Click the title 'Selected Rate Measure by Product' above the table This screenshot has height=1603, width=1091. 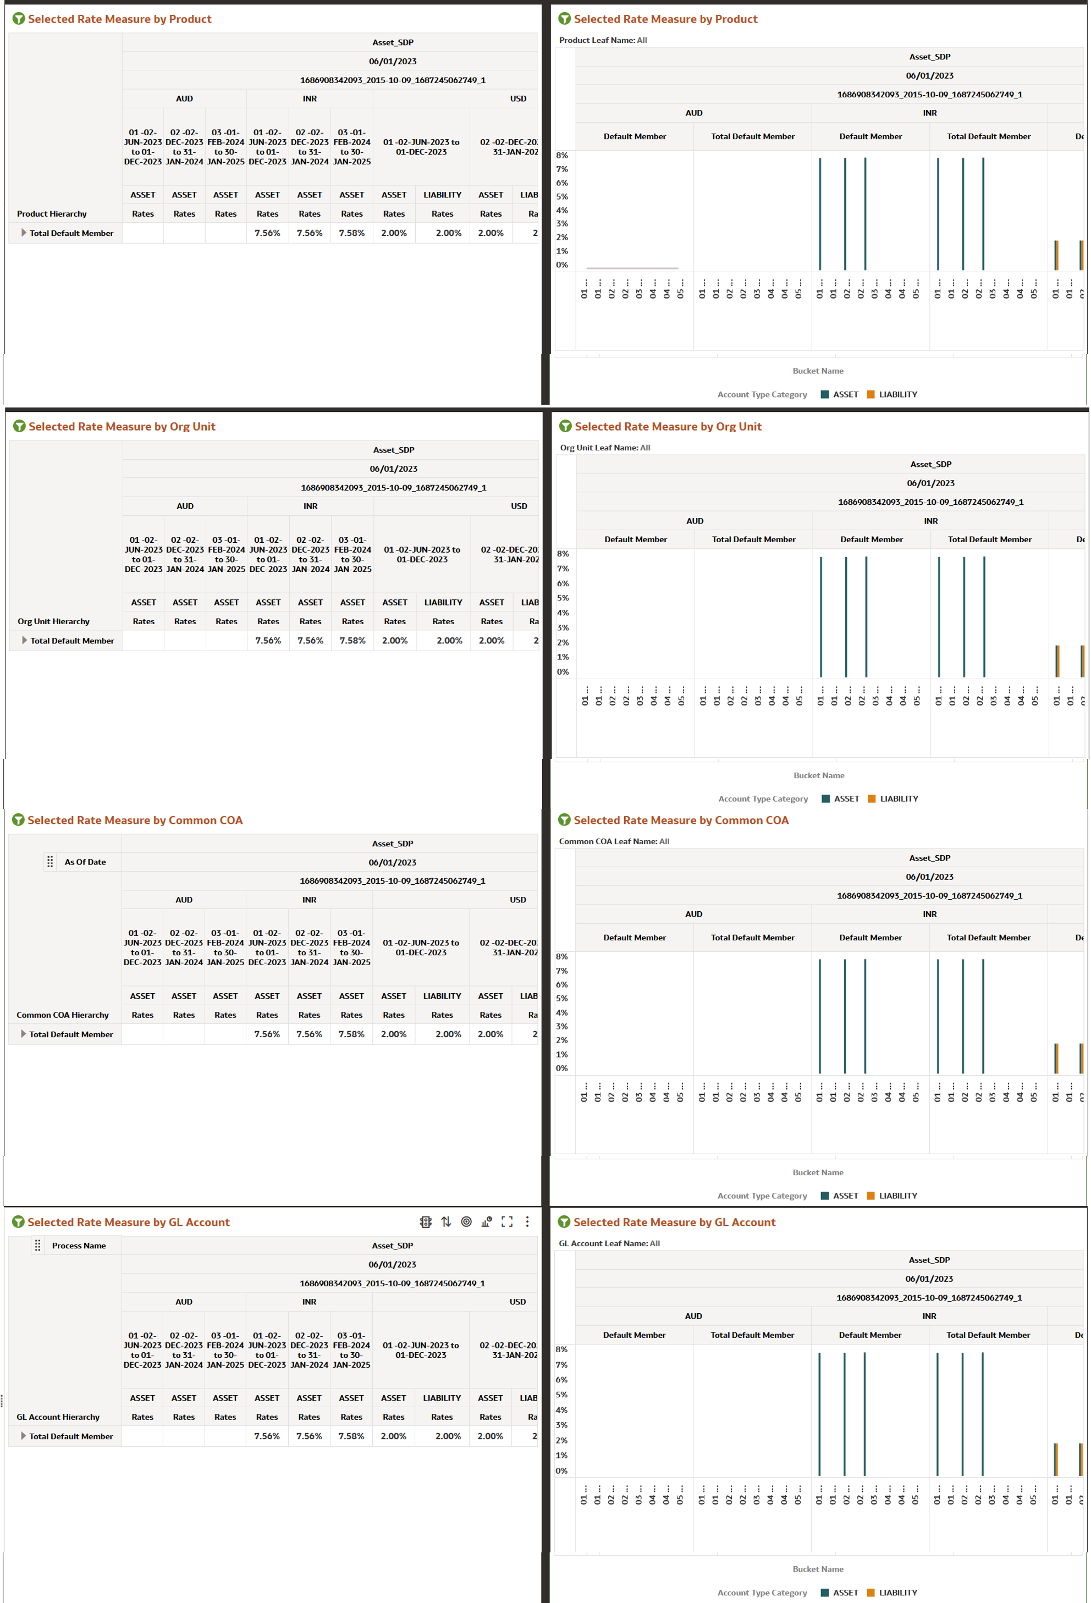[119, 19]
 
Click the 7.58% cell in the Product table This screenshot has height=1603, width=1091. [352, 233]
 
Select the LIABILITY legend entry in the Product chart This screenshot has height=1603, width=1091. [897, 394]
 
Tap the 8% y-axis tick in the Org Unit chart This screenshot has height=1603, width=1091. [563, 554]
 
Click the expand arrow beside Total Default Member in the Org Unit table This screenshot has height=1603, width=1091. [24, 641]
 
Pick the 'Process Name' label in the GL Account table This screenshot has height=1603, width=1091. [79, 1246]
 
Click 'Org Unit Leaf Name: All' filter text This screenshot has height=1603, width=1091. [605, 448]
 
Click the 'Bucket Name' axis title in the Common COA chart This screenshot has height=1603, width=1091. [818, 1172]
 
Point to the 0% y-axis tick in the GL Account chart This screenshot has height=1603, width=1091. [561, 1470]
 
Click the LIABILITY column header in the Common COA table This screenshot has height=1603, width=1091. [442, 996]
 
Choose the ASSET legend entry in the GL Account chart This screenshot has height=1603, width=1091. [845, 1593]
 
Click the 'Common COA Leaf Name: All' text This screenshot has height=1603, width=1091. [614, 841]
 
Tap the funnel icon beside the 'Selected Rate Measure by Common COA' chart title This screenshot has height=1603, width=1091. [564, 820]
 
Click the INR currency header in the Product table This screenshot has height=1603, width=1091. [310, 98]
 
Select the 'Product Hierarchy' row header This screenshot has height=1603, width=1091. [52, 214]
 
